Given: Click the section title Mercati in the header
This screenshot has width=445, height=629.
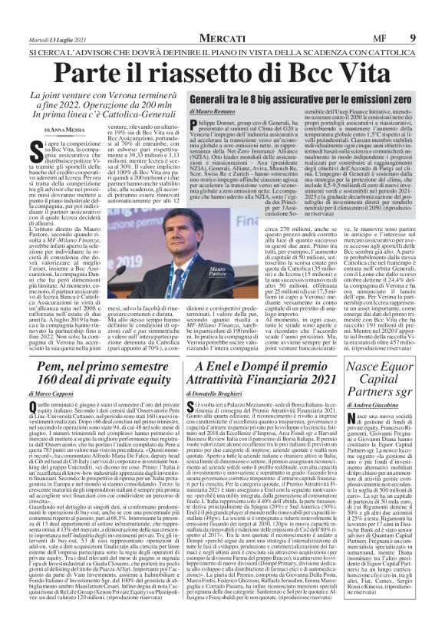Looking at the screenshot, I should pyautogui.click(x=222, y=38).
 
